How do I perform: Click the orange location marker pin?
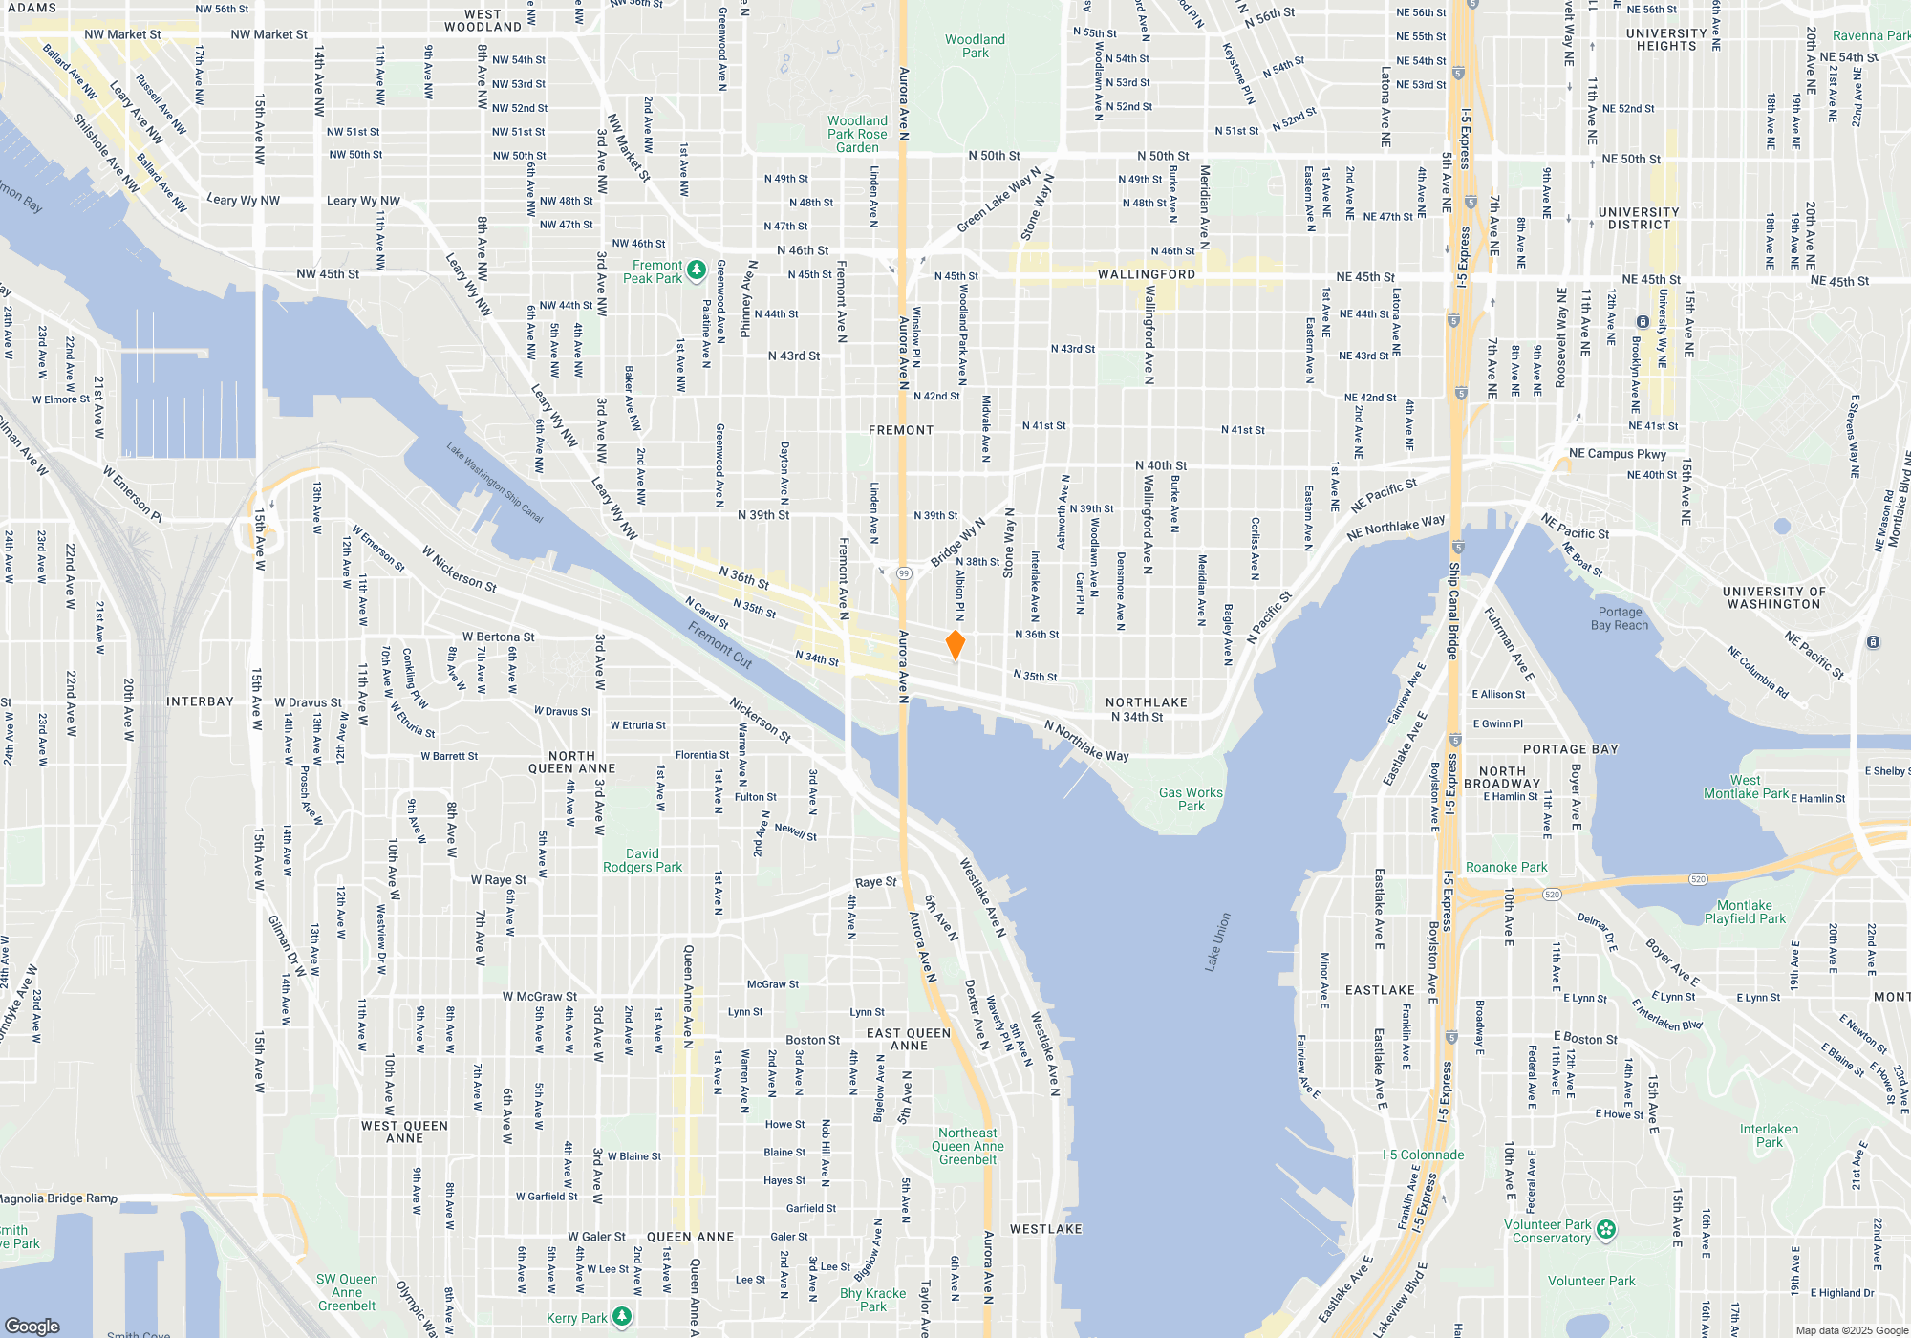(955, 644)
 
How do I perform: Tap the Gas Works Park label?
(1191, 799)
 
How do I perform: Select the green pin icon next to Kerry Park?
(622, 1317)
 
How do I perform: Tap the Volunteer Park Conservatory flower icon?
(1606, 1229)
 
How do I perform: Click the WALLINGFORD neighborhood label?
(1146, 274)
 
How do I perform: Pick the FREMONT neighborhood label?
(900, 430)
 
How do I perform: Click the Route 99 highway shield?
(904, 573)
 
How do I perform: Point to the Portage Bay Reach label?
(1620, 618)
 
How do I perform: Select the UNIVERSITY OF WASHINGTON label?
(1773, 597)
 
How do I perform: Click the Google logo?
(32, 1326)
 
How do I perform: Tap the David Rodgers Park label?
(642, 860)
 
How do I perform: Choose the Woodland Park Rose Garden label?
(857, 134)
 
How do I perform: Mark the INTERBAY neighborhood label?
(200, 701)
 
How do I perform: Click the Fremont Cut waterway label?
(720, 644)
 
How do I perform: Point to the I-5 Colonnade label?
(1423, 1155)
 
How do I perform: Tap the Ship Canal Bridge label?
(1453, 612)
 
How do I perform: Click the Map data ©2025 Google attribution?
(1852, 1330)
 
